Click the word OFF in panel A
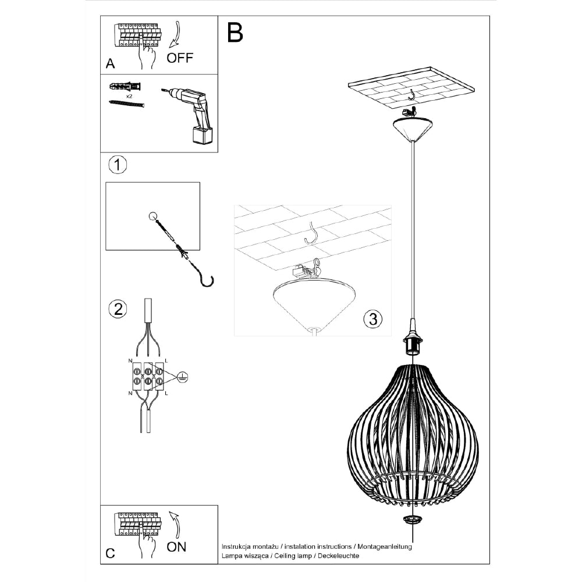pos(179,58)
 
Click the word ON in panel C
pos(177,546)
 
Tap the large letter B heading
pos(235,33)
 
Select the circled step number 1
pos(118,165)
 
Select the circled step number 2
pos(118,308)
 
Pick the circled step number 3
pos(372,318)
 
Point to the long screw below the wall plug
pos(126,104)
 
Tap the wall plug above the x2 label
pos(125,86)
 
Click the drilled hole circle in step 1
pos(153,217)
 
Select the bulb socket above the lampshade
pos(412,345)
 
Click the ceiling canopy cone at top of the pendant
pos(413,129)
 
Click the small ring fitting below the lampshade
pos(413,519)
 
